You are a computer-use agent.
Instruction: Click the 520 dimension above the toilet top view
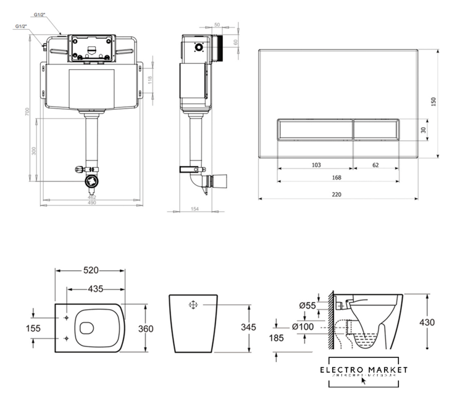pyautogui.click(x=91, y=270)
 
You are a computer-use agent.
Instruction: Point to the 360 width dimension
pyautogui.click(x=146, y=329)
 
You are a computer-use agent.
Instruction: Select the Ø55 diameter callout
pyautogui.click(x=307, y=305)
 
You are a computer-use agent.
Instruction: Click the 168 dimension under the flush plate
pyautogui.click(x=336, y=177)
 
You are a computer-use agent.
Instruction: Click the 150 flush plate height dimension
pyautogui.click(x=433, y=101)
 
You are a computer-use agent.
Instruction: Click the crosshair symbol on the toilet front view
pyautogui.click(x=193, y=305)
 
